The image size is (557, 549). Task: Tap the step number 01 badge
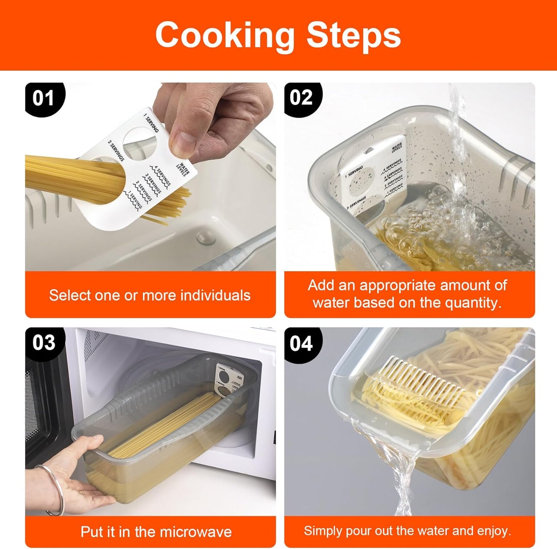[x=43, y=98]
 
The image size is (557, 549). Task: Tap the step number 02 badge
[x=301, y=97]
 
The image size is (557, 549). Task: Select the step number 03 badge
[x=44, y=343]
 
